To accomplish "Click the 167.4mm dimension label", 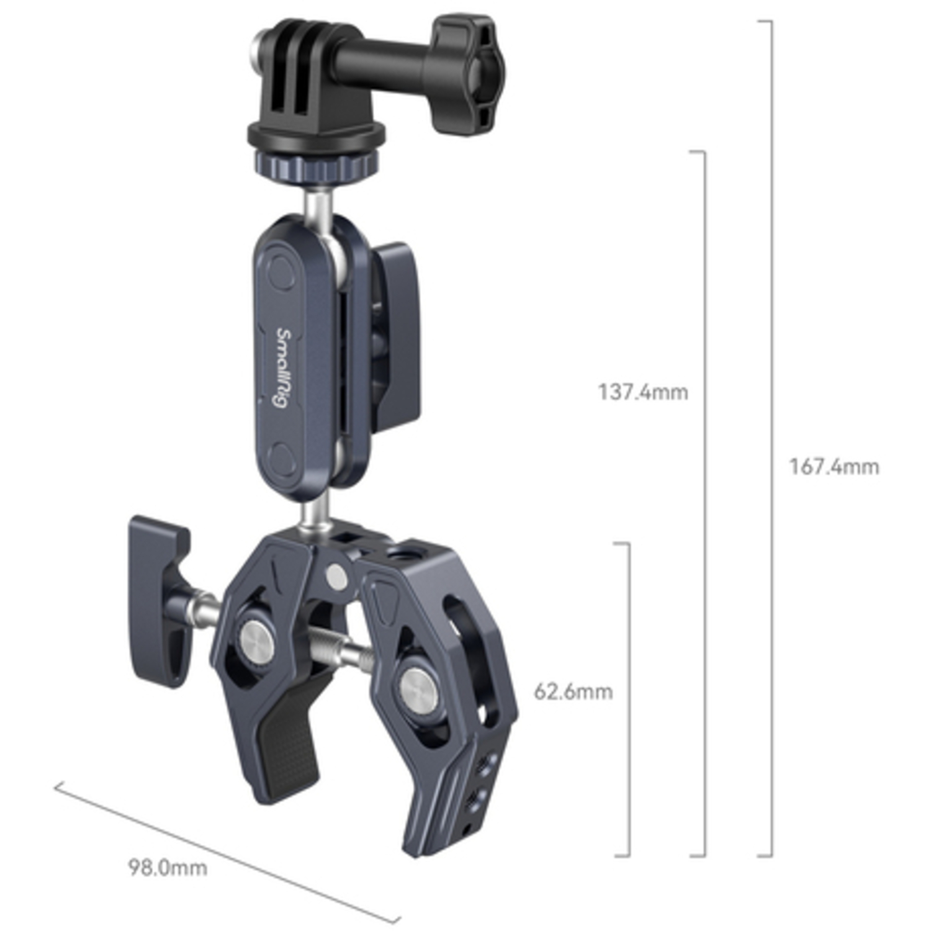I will pyautogui.click(x=834, y=467).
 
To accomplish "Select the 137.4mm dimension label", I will pyautogui.click(x=642, y=392).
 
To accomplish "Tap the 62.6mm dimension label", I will pyautogui.click(x=573, y=691).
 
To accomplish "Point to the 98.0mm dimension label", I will pyautogui.click(x=168, y=867).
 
